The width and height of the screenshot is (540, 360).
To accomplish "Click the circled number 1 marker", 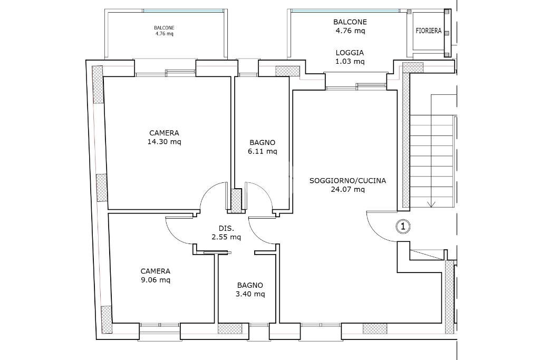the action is coord(403,227).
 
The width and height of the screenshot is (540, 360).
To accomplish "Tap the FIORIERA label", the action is coord(428,31).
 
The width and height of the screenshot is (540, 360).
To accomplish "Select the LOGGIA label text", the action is coord(350,53).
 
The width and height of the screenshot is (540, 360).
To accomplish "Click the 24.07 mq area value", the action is coord(348,189).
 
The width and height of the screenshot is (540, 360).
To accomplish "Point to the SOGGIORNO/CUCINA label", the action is coord(348,180).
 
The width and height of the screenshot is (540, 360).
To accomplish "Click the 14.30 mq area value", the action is coord(165,142).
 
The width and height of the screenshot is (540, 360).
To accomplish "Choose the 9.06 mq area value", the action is coord(156,280).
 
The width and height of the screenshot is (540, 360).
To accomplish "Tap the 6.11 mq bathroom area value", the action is coord(263,151).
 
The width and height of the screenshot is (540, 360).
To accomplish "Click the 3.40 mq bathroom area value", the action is coord(250,294).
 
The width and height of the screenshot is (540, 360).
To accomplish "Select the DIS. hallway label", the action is coord(226,228).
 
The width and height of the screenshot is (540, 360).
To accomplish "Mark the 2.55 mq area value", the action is coord(226,237).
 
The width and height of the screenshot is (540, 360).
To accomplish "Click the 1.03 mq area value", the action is coord(350,62).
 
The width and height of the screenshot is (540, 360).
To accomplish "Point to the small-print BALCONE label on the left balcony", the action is coord(164,28).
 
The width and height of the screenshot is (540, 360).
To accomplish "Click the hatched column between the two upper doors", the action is coord(237,201).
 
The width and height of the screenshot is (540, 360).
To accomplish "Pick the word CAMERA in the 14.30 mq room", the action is coord(165,133).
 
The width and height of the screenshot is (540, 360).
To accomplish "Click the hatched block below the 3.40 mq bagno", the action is coord(230,328).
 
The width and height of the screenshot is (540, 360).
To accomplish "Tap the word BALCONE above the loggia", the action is coord(350,22).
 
